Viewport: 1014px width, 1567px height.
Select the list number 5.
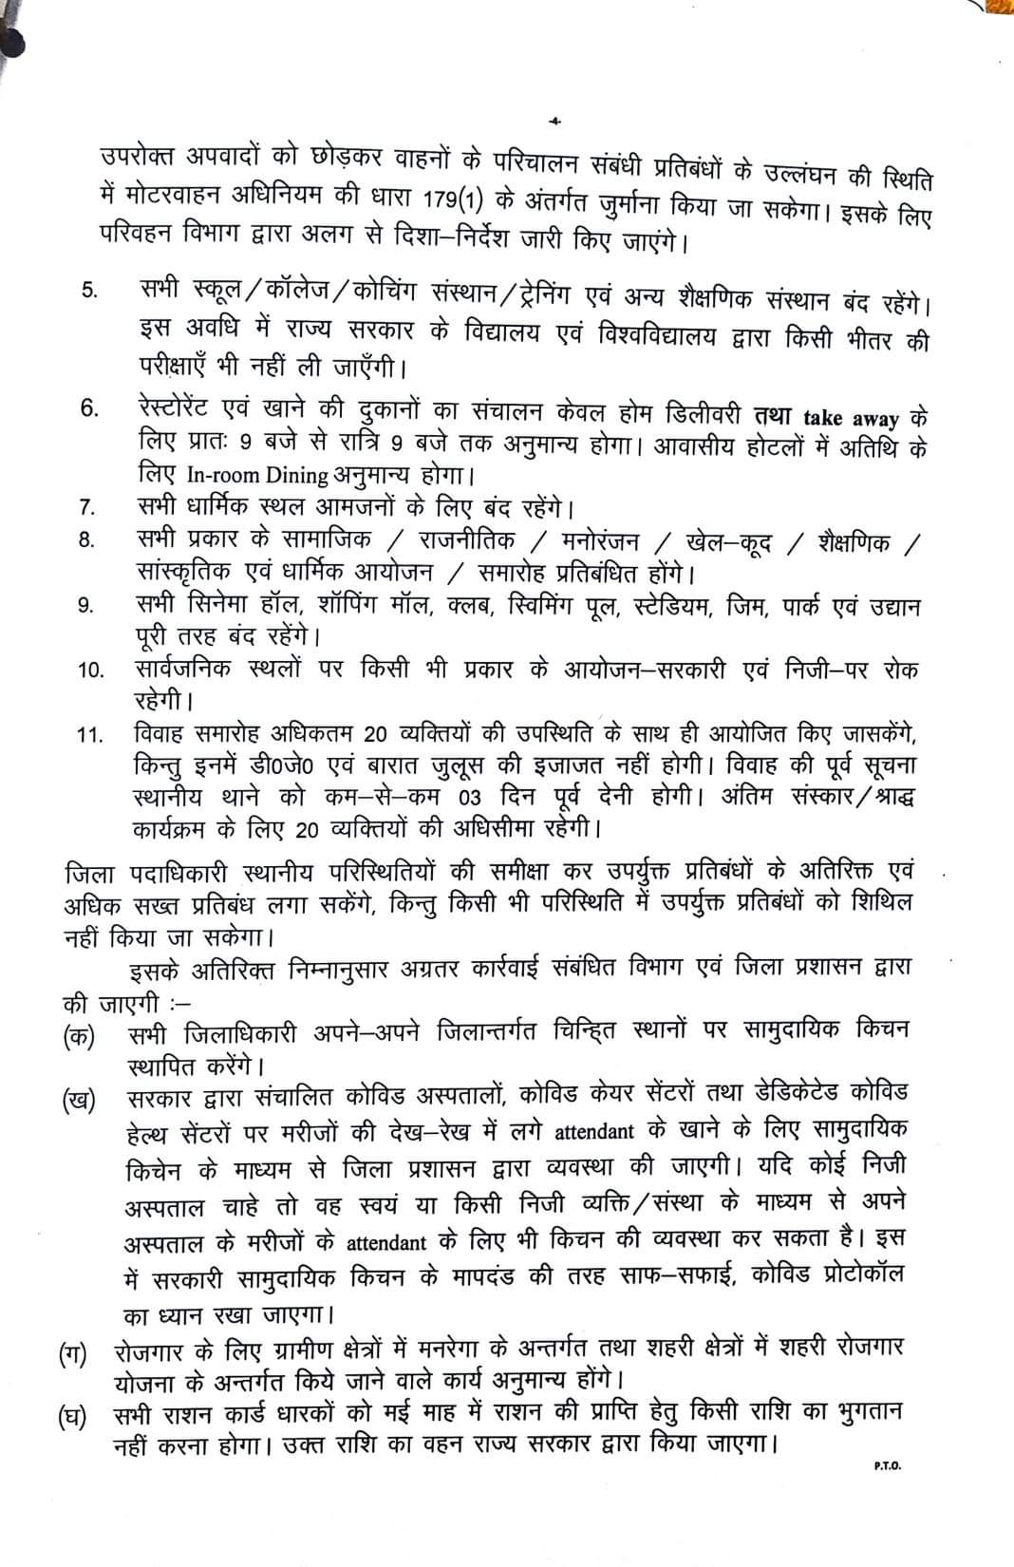click(88, 291)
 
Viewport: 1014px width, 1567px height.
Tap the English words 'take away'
click(845, 419)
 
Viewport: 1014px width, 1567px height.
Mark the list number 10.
click(90, 670)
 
